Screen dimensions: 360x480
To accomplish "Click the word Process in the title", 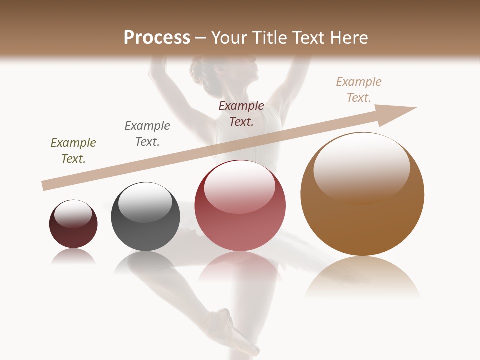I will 157,38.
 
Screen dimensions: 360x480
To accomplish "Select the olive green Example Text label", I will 73,151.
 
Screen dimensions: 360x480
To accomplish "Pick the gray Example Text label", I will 147,134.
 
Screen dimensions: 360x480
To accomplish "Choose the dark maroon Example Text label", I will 241,114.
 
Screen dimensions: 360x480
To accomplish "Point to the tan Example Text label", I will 359,90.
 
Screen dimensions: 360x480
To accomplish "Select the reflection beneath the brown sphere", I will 362,277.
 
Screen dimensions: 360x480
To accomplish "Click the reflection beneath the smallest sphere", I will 73,257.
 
